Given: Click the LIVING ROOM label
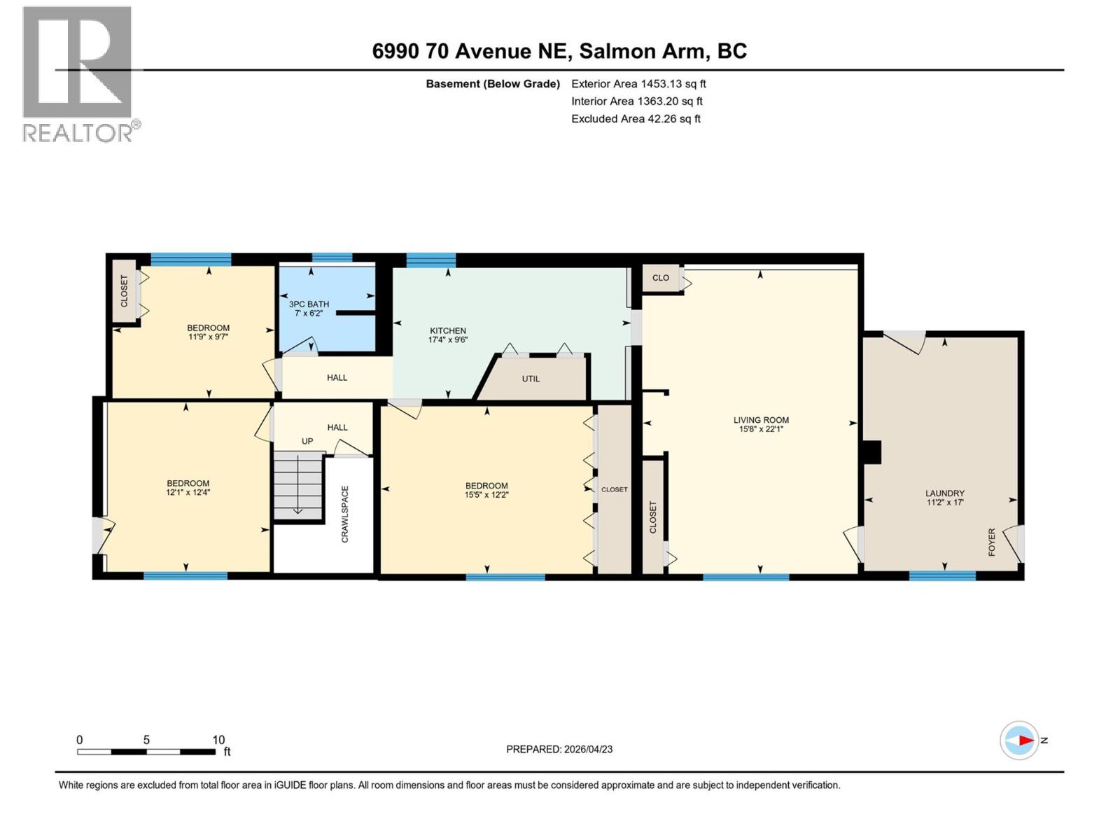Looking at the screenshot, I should point(761,420).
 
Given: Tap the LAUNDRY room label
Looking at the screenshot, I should point(944,493).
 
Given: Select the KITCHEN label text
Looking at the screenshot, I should point(448,330).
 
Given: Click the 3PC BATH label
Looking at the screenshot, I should point(309,304).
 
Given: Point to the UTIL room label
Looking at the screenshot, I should point(531,379).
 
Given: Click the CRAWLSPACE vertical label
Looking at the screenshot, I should point(345,514).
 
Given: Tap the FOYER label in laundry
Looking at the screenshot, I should point(992,542).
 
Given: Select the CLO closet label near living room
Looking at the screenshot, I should point(660,278).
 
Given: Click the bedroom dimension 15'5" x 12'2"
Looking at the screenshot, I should point(486,495).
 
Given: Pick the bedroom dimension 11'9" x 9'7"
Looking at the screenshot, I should point(208,337).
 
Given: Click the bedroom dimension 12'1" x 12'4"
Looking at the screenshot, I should point(188,492).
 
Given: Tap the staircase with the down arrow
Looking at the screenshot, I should point(298,486).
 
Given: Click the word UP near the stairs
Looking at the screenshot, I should point(307,441).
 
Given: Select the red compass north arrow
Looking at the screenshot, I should point(1025,740).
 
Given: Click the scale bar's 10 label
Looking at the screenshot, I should point(218,740).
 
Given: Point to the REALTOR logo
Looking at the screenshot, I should point(78,73).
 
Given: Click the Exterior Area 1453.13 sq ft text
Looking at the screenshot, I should point(638,83).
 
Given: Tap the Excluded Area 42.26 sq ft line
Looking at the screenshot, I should point(636,118).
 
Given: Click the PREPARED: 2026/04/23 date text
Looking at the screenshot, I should point(559,749).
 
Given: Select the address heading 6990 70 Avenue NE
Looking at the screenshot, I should point(559,51).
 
